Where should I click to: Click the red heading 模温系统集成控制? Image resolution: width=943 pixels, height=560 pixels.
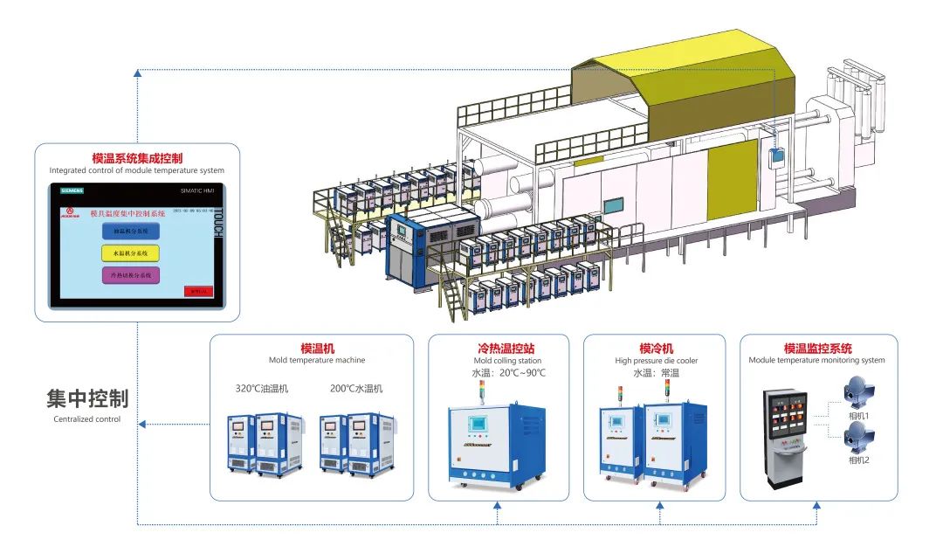click(137, 158)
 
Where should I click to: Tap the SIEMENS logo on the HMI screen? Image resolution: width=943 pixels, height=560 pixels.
click(72, 190)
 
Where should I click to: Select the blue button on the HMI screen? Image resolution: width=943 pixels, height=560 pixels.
click(131, 232)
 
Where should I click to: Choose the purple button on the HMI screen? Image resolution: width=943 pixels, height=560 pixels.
click(131, 275)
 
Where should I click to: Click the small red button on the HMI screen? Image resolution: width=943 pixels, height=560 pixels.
click(197, 291)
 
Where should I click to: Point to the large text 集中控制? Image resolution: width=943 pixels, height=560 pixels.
click(87, 399)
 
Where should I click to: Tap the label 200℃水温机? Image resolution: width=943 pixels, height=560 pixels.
click(356, 389)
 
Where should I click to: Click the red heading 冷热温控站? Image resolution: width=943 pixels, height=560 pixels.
click(506, 348)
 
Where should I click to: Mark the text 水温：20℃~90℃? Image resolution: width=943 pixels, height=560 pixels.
click(506, 373)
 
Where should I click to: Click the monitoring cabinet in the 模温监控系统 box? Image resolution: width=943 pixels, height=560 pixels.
click(785, 435)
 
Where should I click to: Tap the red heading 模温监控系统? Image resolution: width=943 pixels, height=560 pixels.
click(817, 348)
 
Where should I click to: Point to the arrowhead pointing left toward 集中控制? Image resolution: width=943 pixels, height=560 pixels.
click(143, 425)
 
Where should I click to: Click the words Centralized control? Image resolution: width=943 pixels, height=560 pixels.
click(87, 419)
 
